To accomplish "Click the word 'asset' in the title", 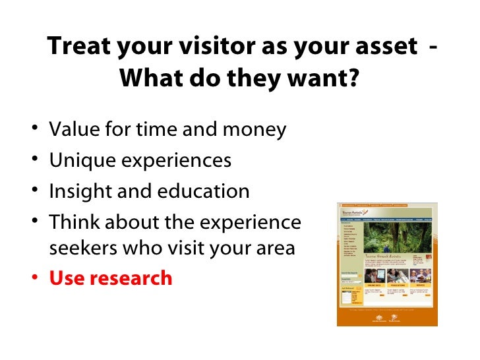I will (x=376, y=47).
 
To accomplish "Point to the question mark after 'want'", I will (x=353, y=79).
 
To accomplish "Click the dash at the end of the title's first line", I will (x=431, y=47).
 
